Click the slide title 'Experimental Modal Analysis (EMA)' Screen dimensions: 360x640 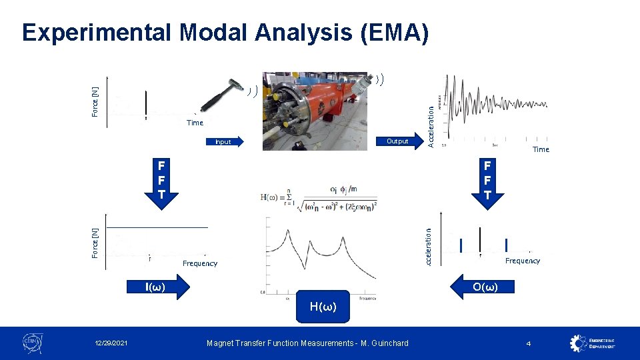coord(225,32)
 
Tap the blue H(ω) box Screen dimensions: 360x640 coord(323,307)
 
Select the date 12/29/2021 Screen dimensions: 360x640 coord(111,343)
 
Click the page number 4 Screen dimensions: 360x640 coord(528,343)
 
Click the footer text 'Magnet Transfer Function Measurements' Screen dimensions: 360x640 coord(307,343)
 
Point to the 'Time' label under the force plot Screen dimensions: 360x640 coord(195,123)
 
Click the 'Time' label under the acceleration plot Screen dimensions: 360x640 coord(541,149)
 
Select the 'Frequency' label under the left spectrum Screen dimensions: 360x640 coord(200,263)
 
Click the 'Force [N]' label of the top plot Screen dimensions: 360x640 coord(95,101)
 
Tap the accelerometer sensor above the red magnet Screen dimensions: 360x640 coord(363,83)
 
